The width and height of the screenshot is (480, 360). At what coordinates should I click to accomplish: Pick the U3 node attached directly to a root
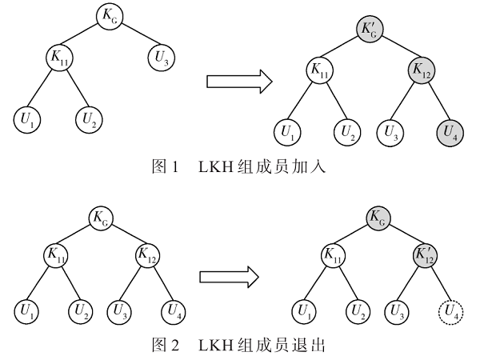[x=158, y=58]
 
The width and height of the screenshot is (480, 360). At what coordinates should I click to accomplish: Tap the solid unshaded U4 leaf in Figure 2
[x=174, y=311]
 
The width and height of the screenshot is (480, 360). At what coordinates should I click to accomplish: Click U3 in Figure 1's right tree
[x=391, y=131]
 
